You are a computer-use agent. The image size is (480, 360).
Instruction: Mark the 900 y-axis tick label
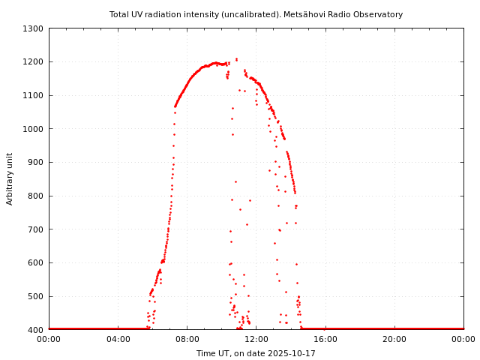pyautogui.click(x=37, y=162)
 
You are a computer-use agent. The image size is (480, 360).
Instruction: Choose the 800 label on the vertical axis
pyautogui.click(x=37, y=196)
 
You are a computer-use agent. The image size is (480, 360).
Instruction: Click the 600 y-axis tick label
pyautogui.click(x=37, y=262)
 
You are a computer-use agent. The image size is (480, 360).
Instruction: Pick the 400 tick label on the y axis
pyautogui.click(x=37, y=330)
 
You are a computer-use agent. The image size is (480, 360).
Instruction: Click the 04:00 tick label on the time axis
pyautogui.click(x=118, y=339)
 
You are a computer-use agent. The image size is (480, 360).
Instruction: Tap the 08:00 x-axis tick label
pyautogui.click(x=187, y=339)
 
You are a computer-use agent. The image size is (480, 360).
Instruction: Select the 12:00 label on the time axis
pyautogui.click(x=256, y=339)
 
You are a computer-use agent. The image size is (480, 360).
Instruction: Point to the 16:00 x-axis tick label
pyautogui.click(x=325, y=339)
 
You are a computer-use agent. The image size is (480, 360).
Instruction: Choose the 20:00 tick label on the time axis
pyautogui.click(x=394, y=339)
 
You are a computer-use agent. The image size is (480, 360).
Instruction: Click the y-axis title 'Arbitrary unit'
pyautogui.click(x=10, y=178)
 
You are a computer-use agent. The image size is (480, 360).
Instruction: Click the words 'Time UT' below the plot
pyautogui.click(x=212, y=353)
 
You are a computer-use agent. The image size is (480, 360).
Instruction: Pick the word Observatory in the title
pyautogui.click(x=379, y=14)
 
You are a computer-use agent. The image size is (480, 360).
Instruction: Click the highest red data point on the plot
pyautogui.click(x=236, y=58)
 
